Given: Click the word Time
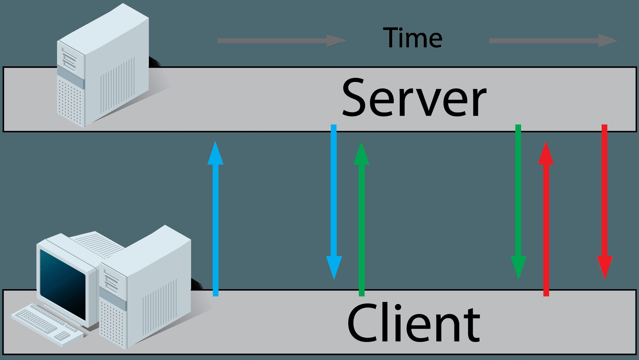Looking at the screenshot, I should point(413,38).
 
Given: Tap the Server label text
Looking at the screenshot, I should point(414,98).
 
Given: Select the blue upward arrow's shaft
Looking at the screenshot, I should point(216,225).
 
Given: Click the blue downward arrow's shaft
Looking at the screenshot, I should point(334,193).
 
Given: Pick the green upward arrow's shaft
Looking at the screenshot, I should point(361,225).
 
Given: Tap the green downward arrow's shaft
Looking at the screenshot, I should point(518,193).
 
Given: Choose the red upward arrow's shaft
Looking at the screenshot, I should point(546,225).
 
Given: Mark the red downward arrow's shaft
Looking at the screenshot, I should point(605,193).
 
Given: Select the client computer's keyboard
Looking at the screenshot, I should point(45,322).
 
